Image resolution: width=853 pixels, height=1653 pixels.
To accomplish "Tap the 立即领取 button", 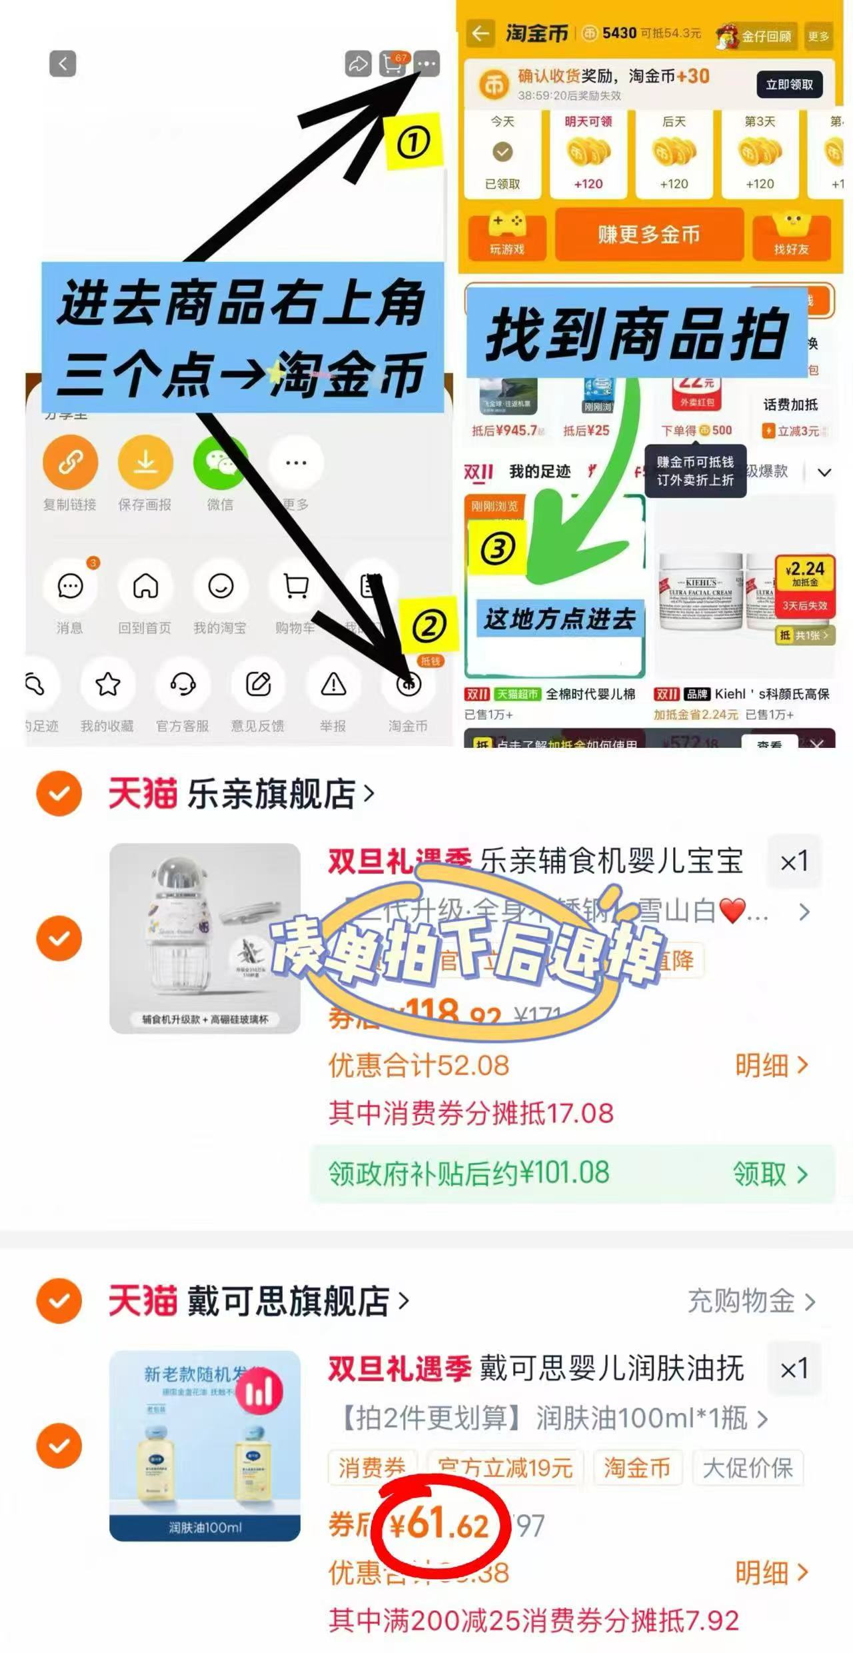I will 789,85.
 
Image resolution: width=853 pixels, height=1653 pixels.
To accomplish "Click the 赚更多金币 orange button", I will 648,235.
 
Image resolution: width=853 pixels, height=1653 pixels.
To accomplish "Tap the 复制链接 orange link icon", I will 70,462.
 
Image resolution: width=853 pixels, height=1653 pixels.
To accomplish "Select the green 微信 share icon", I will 220,462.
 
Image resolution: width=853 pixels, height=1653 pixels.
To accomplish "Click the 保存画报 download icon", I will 145,462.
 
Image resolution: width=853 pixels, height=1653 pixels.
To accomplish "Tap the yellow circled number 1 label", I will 413,142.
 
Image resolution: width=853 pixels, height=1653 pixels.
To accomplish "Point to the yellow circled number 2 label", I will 429,626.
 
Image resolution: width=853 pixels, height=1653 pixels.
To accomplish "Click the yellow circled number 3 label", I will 498,549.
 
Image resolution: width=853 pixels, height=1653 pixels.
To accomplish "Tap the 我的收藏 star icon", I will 108,685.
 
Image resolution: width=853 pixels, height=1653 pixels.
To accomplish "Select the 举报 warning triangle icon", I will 333,685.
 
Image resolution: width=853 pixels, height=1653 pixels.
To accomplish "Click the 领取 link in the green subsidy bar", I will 770,1174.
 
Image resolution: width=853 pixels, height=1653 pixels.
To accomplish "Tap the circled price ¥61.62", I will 440,1525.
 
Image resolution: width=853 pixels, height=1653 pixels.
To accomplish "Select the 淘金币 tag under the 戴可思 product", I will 636,1467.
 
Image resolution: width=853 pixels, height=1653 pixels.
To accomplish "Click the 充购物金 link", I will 750,1300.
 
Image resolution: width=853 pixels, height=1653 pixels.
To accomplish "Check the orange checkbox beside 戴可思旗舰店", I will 59,1300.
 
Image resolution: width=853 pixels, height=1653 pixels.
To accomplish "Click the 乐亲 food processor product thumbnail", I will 205,938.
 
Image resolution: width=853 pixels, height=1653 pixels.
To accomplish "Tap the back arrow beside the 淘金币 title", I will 480,33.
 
